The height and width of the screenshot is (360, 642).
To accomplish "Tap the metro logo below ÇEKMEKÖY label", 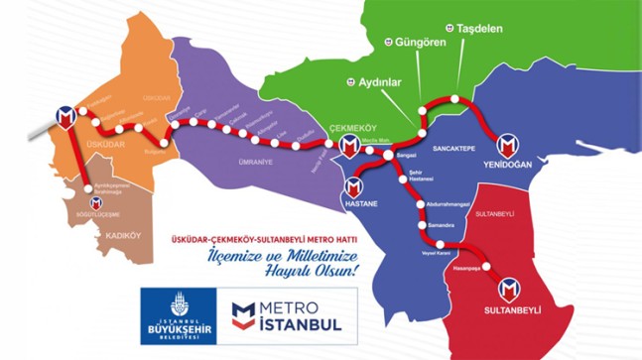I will (x=349, y=147).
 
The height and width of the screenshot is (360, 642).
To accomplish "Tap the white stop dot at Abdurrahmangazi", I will (x=421, y=203).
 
